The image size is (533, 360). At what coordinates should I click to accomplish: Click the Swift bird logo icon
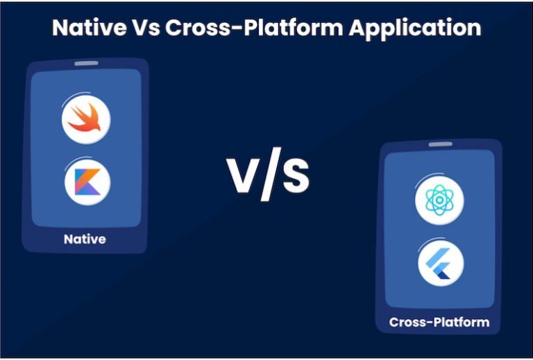(86, 119)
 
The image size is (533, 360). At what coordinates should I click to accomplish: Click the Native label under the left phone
(85, 239)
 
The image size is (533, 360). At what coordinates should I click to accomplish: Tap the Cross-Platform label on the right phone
(439, 322)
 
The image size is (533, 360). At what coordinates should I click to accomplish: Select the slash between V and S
(269, 176)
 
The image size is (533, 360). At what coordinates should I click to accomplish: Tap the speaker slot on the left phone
(86, 63)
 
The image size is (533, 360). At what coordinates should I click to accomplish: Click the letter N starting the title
(60, 28)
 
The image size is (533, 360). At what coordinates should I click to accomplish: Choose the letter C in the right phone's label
(394, 322)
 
